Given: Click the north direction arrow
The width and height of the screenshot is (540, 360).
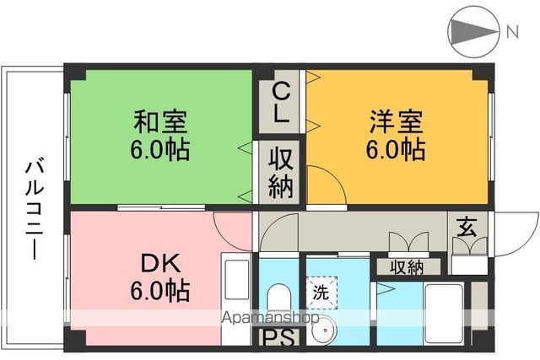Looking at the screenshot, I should point(473,32).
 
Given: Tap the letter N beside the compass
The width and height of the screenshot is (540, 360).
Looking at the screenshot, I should point(512,33).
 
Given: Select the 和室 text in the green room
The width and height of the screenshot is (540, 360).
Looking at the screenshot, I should point(160,122).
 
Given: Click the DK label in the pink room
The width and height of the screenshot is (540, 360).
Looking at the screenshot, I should point(159,262).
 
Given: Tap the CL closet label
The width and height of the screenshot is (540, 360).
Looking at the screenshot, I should point(281,100).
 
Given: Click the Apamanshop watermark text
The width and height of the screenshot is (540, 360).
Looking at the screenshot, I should point(269,320).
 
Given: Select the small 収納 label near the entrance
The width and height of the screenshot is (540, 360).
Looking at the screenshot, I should point(407,267).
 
